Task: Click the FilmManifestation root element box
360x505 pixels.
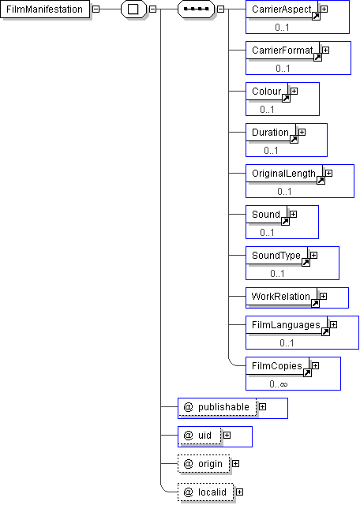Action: pos(45,9)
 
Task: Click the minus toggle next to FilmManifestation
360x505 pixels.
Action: pos(96,9)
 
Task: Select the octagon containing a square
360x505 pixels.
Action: pos(133,9)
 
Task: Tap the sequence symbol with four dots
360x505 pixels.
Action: pos(196,9)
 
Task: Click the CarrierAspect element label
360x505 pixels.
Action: pos(281,9)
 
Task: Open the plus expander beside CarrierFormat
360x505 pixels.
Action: pos(325,50)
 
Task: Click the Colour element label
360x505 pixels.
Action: pos(267,92)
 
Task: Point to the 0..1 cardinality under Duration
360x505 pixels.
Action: pos(271,151)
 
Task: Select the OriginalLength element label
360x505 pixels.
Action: pos(283,174)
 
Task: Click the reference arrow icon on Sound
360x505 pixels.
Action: pos(285,221)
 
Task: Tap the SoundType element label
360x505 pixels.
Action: pos(276,256)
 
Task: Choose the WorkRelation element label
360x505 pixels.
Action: pos(281,297)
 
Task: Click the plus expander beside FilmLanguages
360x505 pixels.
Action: pos(333,325)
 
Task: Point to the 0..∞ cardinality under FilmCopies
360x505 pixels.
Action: pos(279,384)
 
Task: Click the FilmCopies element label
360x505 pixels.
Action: pos(277,366)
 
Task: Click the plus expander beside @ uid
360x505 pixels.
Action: pos(227,436)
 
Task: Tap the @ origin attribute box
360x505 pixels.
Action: pos(204,464)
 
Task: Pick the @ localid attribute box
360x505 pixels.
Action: pos(205,492)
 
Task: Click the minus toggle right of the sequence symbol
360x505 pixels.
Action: pos(220,9)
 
